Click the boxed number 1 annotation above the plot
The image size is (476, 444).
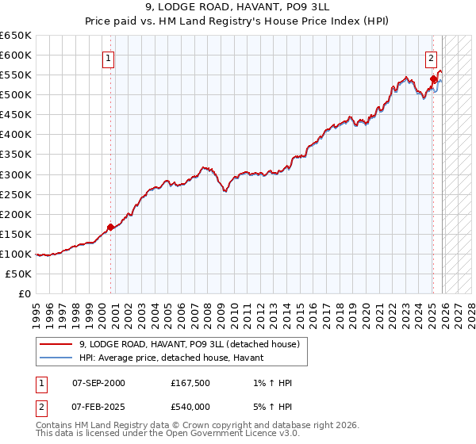(x=107, y=57)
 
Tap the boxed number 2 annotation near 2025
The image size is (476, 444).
(x=430, y=57)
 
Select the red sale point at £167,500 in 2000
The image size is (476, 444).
(x=110, y=227)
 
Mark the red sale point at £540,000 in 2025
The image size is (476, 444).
(x=433, y=78)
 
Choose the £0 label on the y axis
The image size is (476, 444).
(x=25, y=293)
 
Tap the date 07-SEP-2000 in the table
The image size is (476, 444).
(x=98, y=383)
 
